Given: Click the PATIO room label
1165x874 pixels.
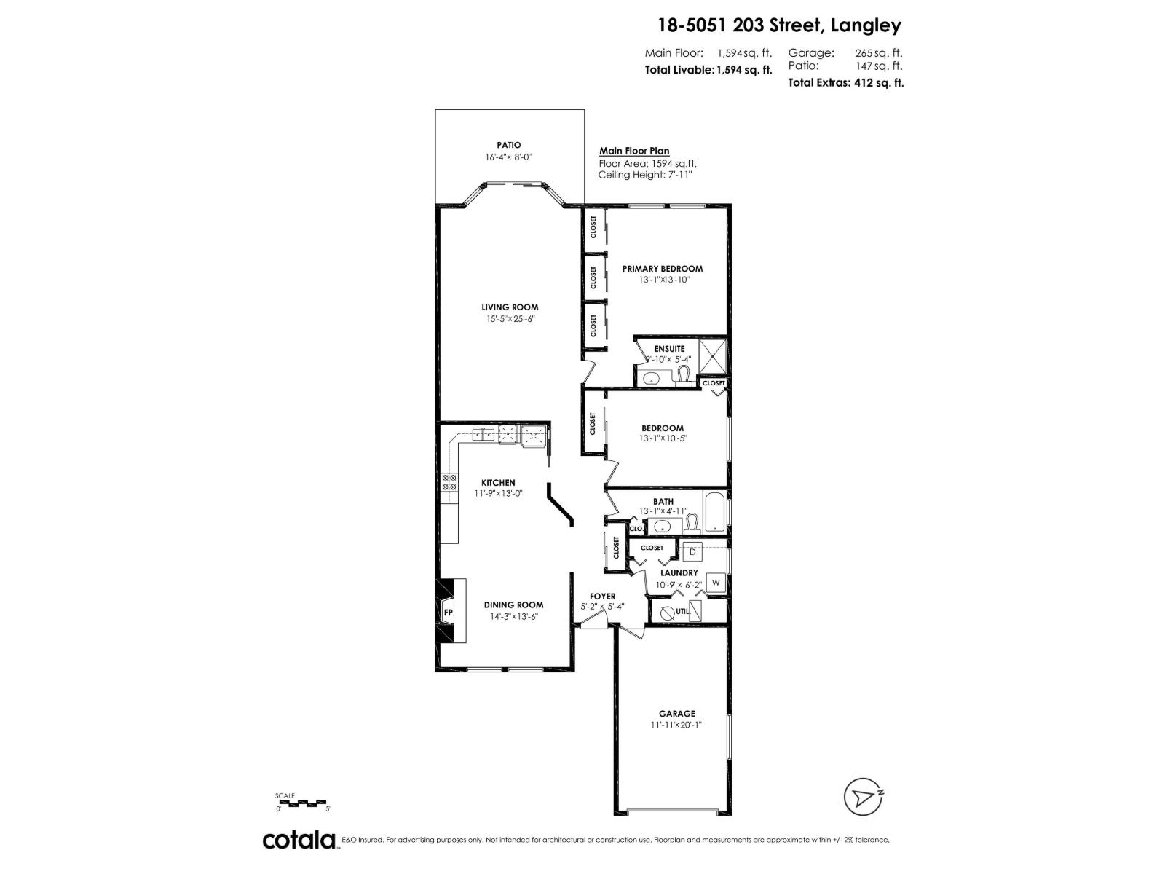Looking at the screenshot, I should (509, 146).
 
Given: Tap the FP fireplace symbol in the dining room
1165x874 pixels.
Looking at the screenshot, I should (449, 613).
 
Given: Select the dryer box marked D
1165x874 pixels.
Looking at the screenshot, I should (693, 552).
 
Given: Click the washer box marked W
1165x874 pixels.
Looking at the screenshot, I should (716, 583).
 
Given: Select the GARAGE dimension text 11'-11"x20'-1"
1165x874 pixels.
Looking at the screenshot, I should (677, 725).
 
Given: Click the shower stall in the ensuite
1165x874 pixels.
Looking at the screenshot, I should (712, 355).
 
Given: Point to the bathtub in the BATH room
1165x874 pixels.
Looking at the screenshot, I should (714, 512).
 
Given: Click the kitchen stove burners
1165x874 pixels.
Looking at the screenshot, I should (449, 482).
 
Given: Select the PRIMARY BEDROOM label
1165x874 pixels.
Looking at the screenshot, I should (663, 269).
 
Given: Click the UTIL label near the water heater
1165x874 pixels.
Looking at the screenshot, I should (682, 612).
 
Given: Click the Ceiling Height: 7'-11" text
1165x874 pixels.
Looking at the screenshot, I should (645, 176).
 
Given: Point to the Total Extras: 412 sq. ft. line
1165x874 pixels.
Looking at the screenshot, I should (845, 83).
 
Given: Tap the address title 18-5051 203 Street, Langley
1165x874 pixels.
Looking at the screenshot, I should (779, 26).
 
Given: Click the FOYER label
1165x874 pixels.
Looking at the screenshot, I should (603, 596).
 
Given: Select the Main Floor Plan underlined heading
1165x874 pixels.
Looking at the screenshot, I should (634, 151).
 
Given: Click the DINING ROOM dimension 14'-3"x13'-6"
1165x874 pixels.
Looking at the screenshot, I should (514, 617).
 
